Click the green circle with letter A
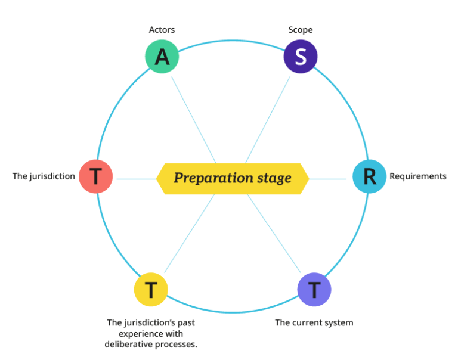pos(162,57)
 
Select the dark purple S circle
pos(301,57)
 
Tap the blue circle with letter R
pos(369,176)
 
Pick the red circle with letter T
pos(95,176)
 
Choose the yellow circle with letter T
pos(151,290)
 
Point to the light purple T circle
pos(314,290)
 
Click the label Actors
pos(162,29)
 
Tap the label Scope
pos(301,29)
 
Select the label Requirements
pos(417,176)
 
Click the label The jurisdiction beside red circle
pos(44,176)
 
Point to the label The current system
pos(314,323)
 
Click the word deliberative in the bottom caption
pos(128,345)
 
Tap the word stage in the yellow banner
pos(275,178)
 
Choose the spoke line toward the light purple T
pos(276,234)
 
